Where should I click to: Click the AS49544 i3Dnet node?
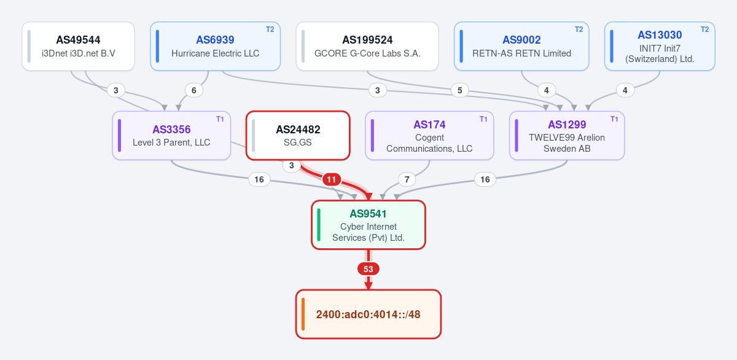point(79,46)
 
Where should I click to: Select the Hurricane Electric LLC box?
point(215,46)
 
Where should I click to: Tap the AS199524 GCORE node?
point(367,46)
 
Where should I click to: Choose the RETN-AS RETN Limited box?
point(521,46)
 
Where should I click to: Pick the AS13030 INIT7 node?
point(660,46)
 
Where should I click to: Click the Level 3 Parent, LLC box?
point(171,136)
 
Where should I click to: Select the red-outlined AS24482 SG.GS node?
point(298,136)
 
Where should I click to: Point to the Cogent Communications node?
point(429,136)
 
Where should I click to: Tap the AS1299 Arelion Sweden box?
point(567,136)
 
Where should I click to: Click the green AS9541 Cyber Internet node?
point(368,225)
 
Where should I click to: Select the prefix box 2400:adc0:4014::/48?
point(368,315)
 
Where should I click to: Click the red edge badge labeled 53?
point(368,269)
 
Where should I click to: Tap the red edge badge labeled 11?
point(332,179)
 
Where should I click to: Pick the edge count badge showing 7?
point(407,179)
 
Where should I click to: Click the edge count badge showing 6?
point(194,90)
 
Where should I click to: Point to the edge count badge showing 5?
point(459,90)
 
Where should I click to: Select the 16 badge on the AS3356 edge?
point(259,179)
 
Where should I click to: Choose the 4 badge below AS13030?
point(625,90)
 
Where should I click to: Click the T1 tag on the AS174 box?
point(483,119)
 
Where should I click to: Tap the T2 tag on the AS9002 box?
point(579,29)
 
